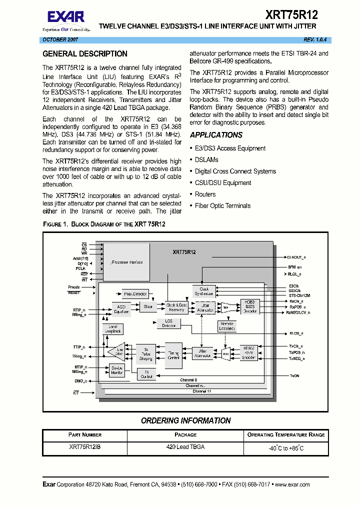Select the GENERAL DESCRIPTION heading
(85, 54)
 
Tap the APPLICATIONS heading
(216, 135)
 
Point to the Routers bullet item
(205, 194)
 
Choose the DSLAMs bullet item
(206, 160)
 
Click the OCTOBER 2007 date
(59, 39)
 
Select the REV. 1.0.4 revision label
(316, 39)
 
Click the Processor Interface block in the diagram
(126, 262)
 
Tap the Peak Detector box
(135, 293)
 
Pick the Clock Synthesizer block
(204, 291)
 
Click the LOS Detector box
(169, 324)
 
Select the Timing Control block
(173, 355)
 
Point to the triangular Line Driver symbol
(117, 353)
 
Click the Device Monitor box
(117, 370)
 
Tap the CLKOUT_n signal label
(296, 256)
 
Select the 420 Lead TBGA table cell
(185, 447)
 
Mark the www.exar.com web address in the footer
(292, 484)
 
